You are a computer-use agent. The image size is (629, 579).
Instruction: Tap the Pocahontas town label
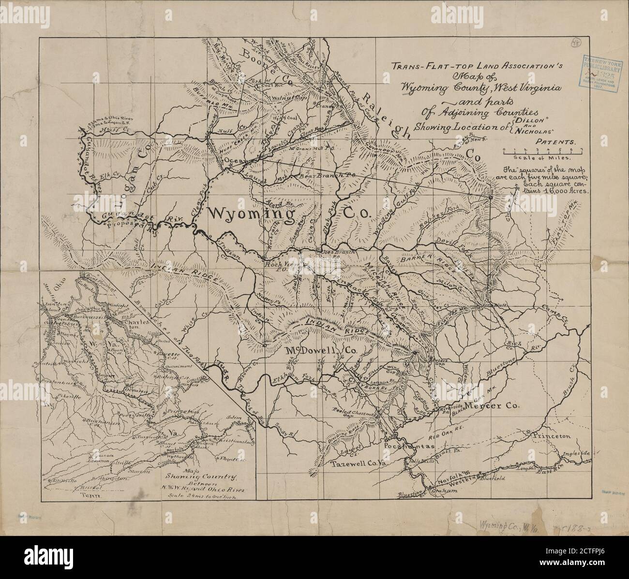click(x=407, y=445)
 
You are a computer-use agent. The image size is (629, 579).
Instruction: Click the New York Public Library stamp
click(x=600, y=70)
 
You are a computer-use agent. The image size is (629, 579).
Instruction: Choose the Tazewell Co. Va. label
click(x=359, y=464)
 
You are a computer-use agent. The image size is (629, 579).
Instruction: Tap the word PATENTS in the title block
click(x=555, y=143)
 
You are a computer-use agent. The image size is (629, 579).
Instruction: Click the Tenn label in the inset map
click(x=89, y=495)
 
